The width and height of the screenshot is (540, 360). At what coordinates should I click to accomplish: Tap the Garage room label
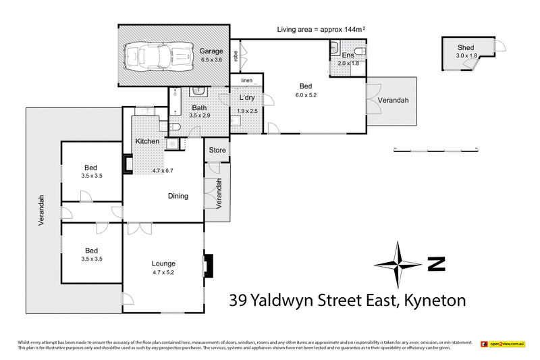[x=211, y=51]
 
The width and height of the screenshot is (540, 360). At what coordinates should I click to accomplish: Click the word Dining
[x=178, y=197]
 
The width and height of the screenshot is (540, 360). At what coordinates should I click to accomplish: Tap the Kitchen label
[x=147, y=141]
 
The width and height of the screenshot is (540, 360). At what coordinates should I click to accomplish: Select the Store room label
[x=217, y=150]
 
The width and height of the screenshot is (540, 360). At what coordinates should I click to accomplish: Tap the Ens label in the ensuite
[x=348, y=55]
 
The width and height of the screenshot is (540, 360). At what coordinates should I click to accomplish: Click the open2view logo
[x=504, y=344]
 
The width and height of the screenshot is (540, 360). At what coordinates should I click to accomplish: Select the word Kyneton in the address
[x=435, y=300]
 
